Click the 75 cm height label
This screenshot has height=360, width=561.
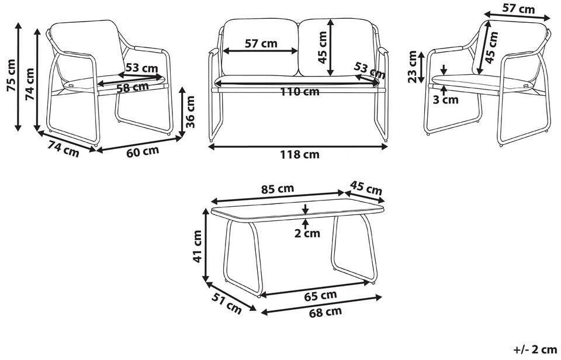coord(11,75)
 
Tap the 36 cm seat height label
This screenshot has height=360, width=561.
coord(191,112)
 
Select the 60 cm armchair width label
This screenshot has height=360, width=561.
coord(143,152)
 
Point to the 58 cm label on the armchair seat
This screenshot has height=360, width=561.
coord(133,87)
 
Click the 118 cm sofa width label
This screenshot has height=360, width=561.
coord(299,155)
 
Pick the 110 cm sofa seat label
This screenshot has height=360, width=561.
coord(299,92)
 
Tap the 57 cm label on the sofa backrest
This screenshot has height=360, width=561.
coord(261,44)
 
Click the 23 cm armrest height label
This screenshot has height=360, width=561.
coord(413,67)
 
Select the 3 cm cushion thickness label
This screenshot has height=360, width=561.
coord(445,99)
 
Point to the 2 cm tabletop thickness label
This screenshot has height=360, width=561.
coord(307,233)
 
